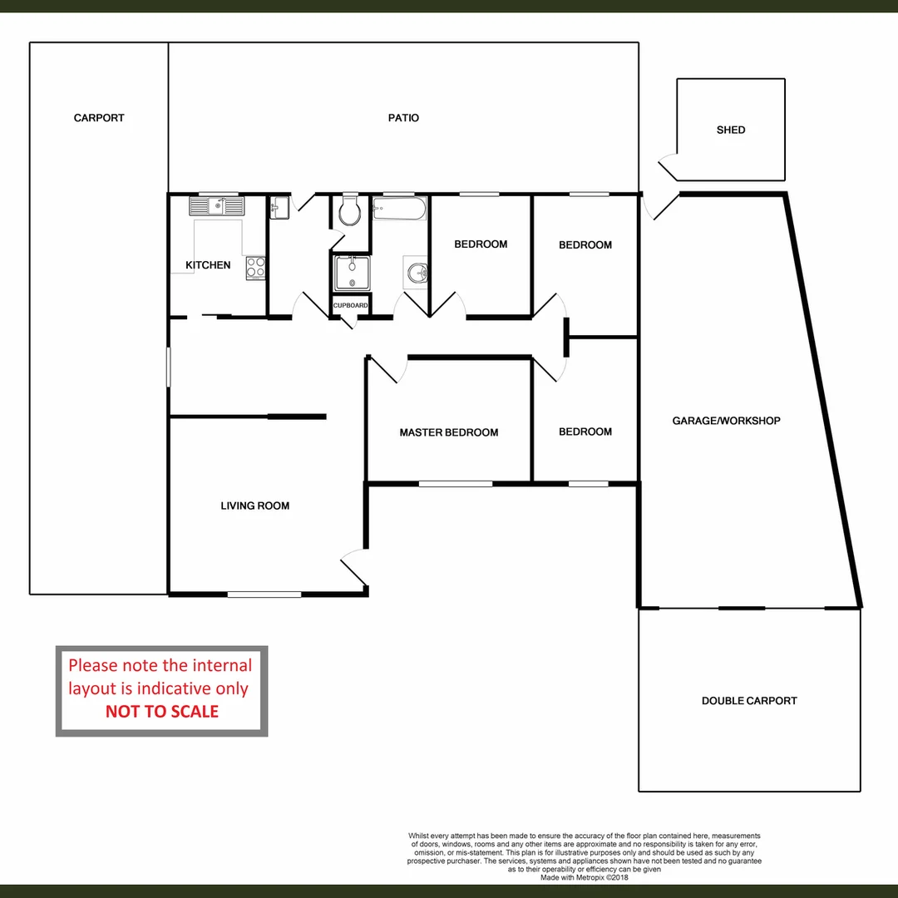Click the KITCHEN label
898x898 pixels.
(x=208, y=265)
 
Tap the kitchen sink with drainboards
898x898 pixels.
(x=216, y=205)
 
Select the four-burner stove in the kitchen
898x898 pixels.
(x=256, y=267)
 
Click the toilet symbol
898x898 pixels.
(x=350, y=212)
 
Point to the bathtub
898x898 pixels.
(x=399, y=209)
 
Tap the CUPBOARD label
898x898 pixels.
(x=350, y=306)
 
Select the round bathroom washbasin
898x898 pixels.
(x=417, y=273)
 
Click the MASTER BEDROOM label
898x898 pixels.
(x=449, y=432)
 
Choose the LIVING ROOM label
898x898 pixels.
(x=255, y=506)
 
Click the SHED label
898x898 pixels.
(x=731, y=130)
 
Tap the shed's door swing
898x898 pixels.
(x=668, y=165)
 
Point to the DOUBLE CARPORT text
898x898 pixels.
(x=749, y=701)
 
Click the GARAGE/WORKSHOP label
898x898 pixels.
(x=726, y=421)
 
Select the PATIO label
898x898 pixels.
(x=403, y=118)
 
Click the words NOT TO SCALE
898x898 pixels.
(x=162, y=712)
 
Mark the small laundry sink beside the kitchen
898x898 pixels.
(x=279, y=208)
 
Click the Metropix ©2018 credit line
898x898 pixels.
(x=585, y=877)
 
